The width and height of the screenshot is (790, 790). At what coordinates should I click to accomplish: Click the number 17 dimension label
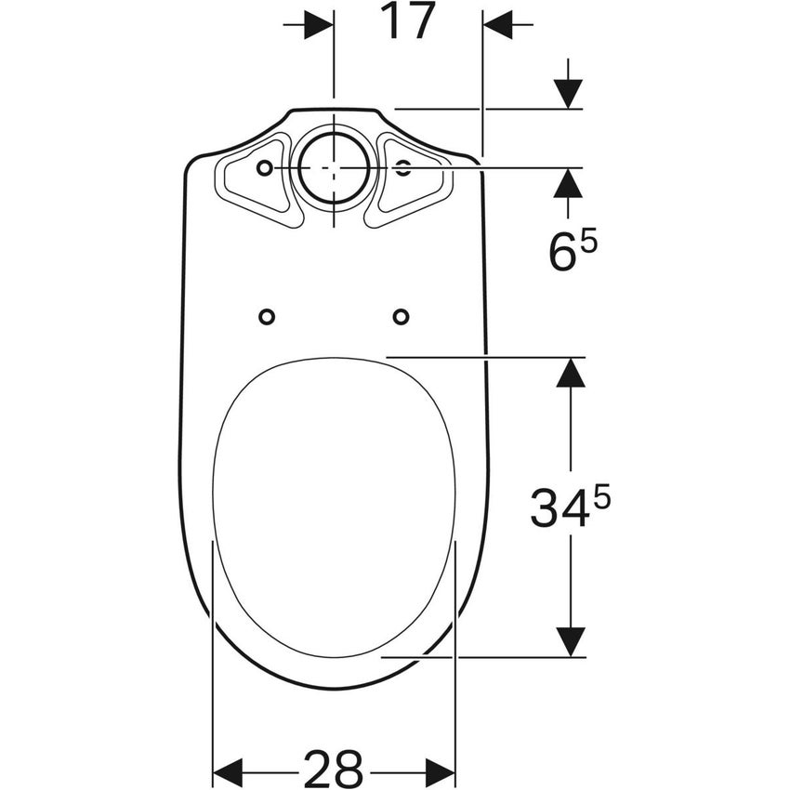(408, 22)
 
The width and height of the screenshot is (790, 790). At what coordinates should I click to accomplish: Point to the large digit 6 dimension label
(562, 253)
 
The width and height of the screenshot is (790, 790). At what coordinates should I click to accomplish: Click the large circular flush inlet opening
(334, 167)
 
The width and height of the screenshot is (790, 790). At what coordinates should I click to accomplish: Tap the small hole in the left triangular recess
(265, 167)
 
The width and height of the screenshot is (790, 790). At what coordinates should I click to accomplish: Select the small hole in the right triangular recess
(402, 167)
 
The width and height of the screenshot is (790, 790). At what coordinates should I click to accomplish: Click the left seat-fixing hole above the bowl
(267, 317)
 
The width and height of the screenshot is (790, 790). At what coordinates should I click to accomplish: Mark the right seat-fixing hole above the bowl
(401, 317)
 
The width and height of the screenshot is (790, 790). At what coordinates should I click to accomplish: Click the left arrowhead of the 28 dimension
(227, 771)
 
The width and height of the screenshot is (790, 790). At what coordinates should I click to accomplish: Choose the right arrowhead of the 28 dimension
(441, 771)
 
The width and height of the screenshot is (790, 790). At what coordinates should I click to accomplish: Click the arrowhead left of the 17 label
(319, 25)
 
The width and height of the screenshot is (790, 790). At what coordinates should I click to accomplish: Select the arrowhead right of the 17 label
(498, 25)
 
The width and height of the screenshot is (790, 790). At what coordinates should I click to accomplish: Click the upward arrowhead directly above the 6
(568, 183)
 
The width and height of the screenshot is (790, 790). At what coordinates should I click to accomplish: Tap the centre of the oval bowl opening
(334, 507)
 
